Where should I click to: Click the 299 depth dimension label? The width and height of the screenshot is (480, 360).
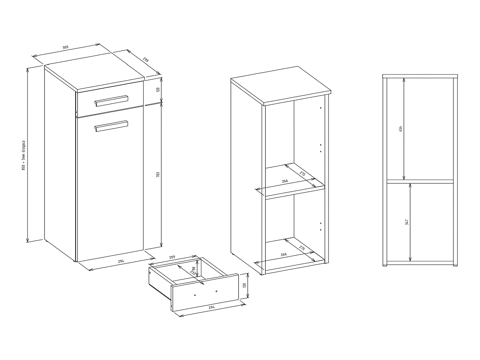click(146, 60)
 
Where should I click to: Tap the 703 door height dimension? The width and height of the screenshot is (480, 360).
click(158, 175)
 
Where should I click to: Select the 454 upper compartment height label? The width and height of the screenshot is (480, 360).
click(400, 129)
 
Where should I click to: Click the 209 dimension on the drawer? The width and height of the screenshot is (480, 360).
click(172, 258)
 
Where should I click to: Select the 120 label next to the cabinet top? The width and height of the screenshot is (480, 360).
click(158, 90)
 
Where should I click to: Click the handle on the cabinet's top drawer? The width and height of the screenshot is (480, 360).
click(111, 100)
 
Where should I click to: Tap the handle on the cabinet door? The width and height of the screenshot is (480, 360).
click(111, 125)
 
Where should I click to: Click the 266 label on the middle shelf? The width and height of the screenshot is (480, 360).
click(285, 181)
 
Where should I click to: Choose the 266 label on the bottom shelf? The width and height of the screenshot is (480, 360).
click(284, 255)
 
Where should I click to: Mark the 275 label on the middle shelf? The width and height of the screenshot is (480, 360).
click(302, 174)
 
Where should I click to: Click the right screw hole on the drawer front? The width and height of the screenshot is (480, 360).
click(216, 291)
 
